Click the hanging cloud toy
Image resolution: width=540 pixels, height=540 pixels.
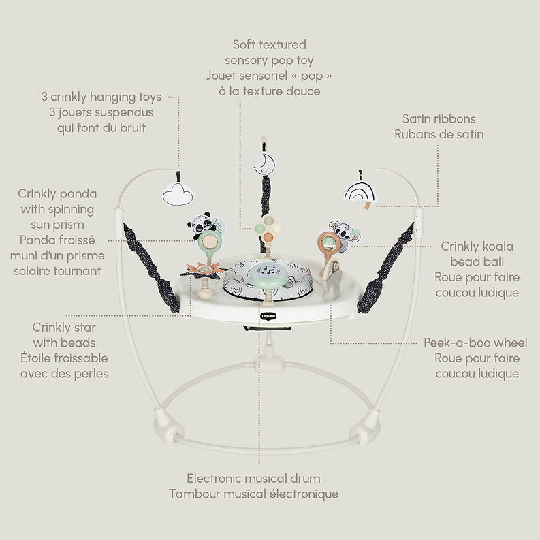[x=178, y=195]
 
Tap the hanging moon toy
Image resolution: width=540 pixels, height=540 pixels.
[x=264, y=164]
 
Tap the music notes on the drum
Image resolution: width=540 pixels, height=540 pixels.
[x=268, y=269]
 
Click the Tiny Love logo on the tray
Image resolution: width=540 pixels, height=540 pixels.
[x=268, y=315]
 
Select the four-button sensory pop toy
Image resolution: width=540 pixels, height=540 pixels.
[x=268, y=227]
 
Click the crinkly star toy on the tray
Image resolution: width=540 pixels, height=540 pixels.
[x=203, y=270]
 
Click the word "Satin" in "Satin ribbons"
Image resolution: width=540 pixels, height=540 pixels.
[x=416, y=118]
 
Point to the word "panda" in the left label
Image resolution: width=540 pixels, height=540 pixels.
[x=80, y=194]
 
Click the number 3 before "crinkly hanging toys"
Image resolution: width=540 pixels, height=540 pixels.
[x=44, y=97]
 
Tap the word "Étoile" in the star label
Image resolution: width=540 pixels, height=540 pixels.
[x=35, y=358]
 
